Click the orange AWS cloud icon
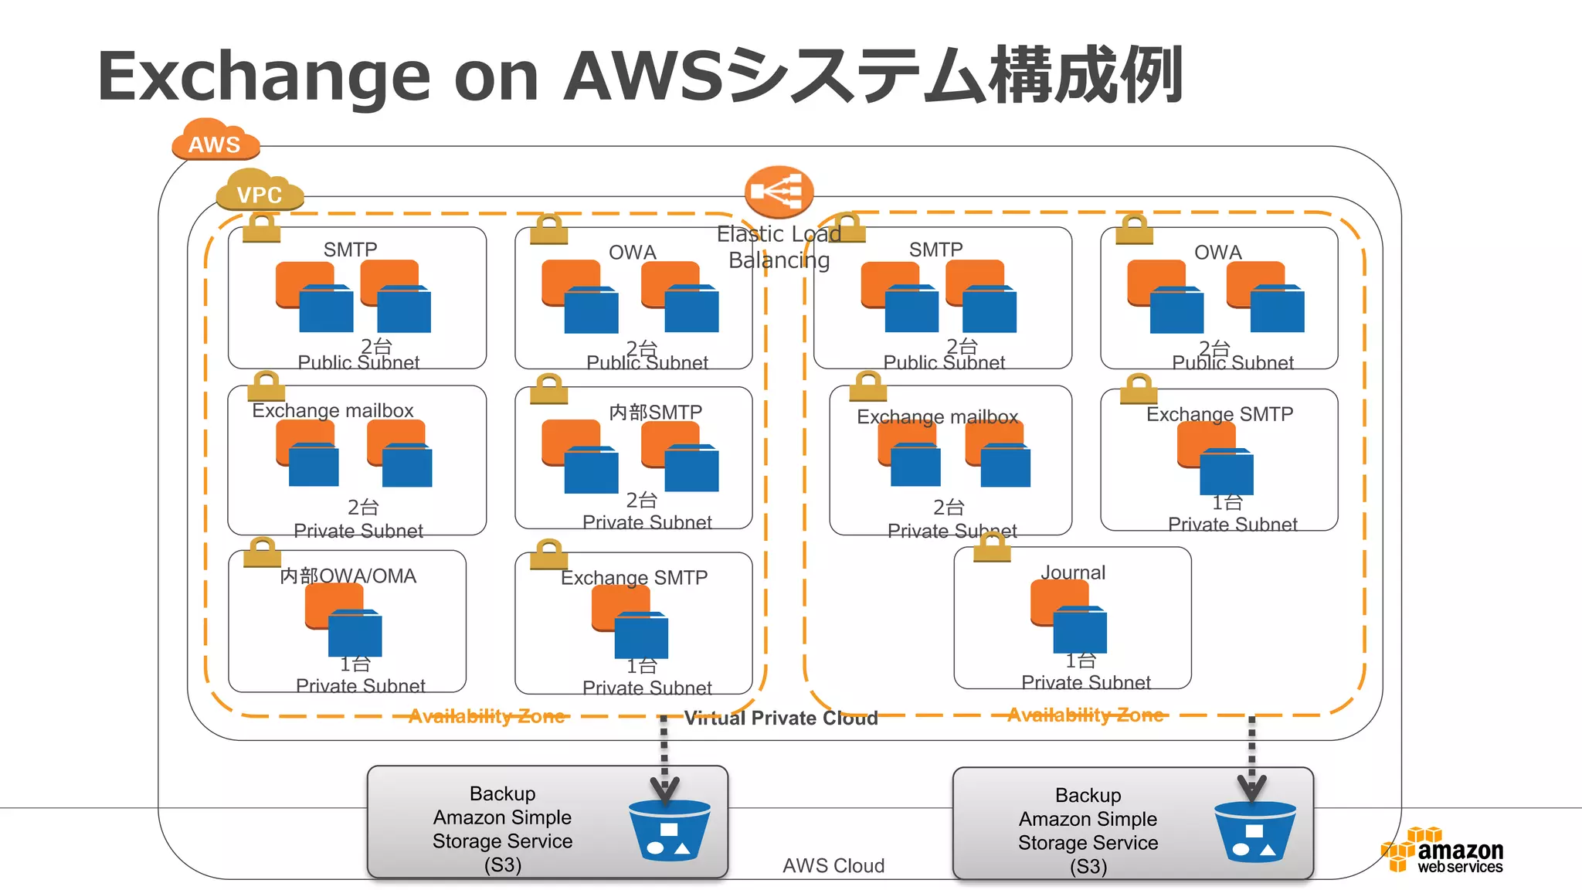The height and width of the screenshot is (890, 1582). click(x=215, y=140)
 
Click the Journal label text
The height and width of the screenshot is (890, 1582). click(x=1073, y=572)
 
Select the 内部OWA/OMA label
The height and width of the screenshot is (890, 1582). click(x=348, y=576)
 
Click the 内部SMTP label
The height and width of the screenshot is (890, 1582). click(x=655, y=412)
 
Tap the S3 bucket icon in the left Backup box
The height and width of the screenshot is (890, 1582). click(x=669, y=831)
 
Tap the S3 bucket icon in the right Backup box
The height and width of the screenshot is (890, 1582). click(x=1254, y=832)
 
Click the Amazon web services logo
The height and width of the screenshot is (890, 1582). click(x=1443, y=851)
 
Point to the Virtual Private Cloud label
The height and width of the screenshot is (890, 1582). click(x=781, y=718)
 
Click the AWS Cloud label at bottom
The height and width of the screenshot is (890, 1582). click(x=833, y=866)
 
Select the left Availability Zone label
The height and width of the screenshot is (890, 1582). click(x=487, y=716)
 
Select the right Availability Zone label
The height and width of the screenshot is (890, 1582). click(x=1085, y=715)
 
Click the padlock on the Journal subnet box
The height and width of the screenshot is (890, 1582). click(x=992, y=547)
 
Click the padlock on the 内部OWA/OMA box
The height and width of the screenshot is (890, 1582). click(x=262, y=552)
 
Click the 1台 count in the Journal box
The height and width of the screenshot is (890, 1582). click(x=1080, y=661)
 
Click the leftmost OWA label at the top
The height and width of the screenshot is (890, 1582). click(x=632, y=253)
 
